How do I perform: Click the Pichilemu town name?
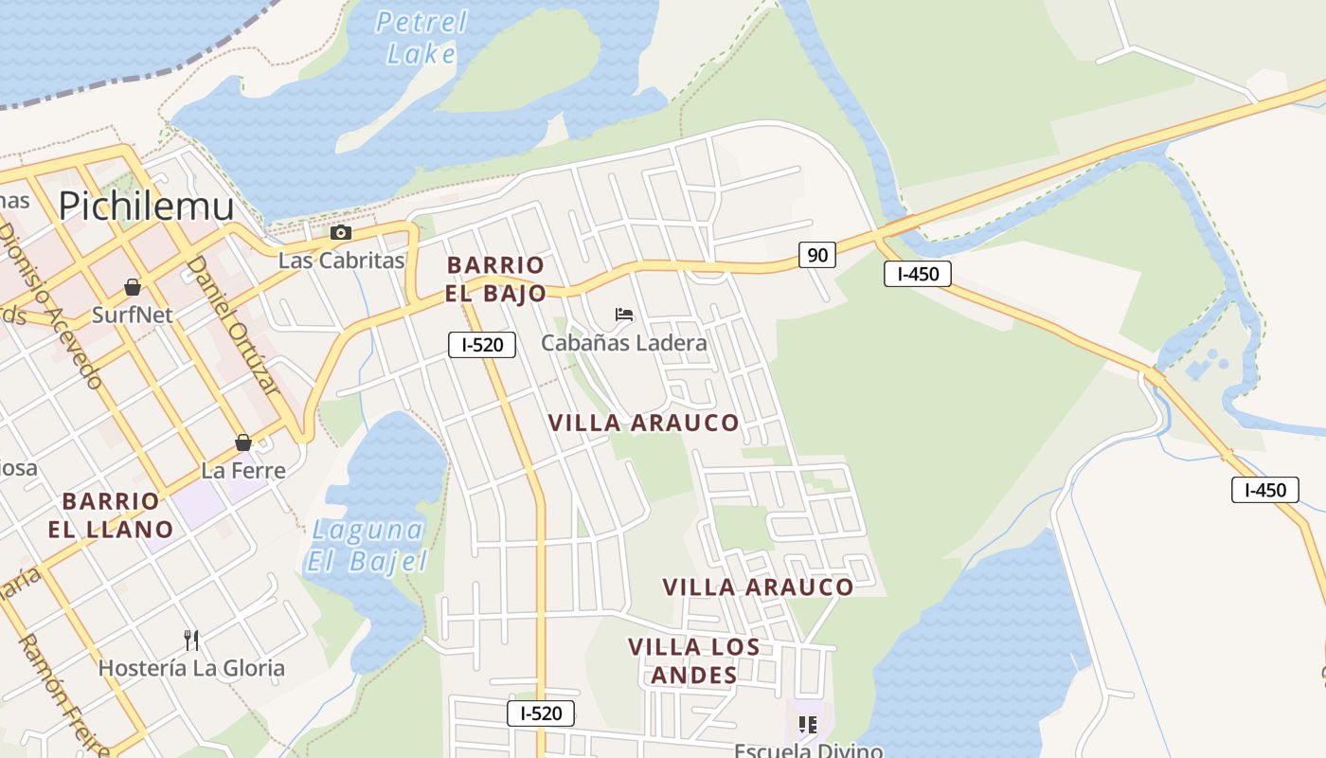coord(146,205)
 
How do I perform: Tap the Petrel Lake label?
coord(421,37)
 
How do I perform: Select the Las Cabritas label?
coord(341,261)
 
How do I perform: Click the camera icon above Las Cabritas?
coord(340,233)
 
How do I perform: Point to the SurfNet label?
coord(133,315)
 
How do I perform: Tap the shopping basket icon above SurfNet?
coord(133,287)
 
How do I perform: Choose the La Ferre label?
coord(243,470)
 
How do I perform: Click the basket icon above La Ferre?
coord(243,442)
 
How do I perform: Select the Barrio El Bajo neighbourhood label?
coord(495,279)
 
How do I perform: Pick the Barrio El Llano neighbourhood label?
coord(111,514)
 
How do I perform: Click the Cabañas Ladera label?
coord(623,343)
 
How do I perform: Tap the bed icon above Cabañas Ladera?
coord(623,314)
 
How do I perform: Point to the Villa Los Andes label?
coord(693,660)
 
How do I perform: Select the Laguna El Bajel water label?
coord(367,545)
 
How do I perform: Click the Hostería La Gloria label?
coord(191,668)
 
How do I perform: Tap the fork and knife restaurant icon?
coord(191,641)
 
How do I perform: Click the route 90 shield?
coord(816,254)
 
